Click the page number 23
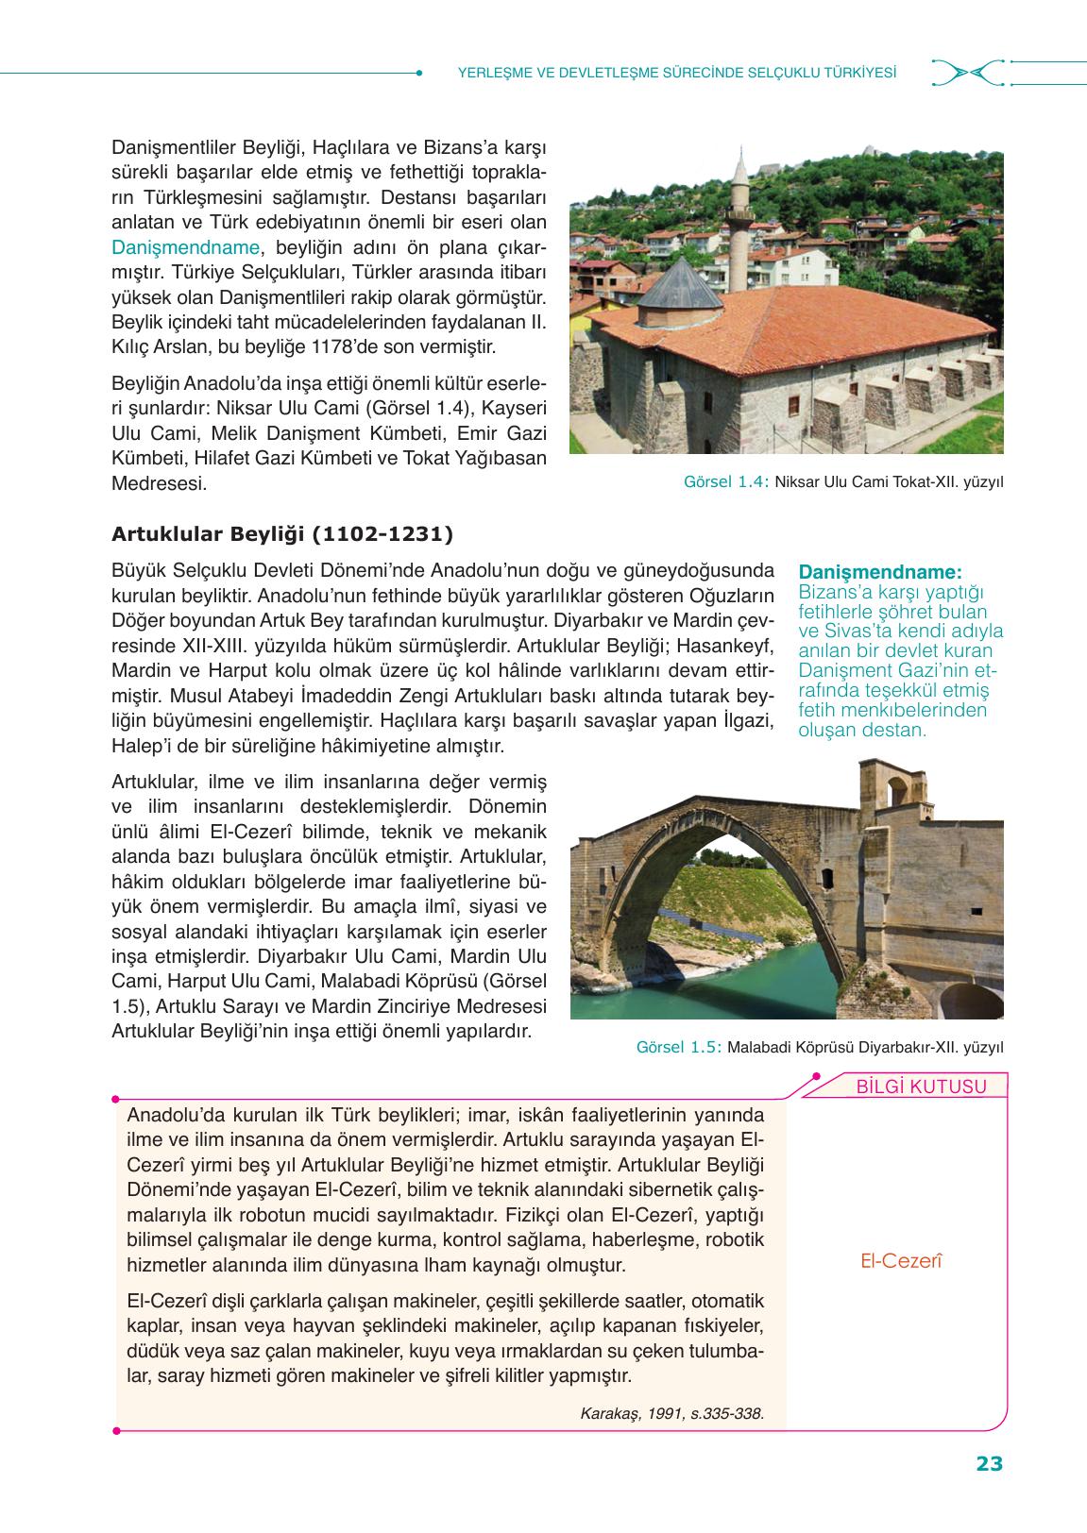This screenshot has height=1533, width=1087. pos(989,1464)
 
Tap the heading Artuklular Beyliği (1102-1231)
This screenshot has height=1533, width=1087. pos(282,534)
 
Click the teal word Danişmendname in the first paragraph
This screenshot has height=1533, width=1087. pos(185,247)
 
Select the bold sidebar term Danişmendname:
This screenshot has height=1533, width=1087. pos(880,572)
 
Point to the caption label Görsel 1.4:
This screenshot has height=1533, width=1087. pos(726,482)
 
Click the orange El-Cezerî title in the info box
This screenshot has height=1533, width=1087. pos(902,1260)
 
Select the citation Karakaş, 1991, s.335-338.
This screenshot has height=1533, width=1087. pos(671,1413)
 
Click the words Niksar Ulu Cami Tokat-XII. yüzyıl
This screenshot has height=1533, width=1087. pos(889,482)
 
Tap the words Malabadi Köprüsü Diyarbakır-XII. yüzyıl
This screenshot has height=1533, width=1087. pos(866,1047)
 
